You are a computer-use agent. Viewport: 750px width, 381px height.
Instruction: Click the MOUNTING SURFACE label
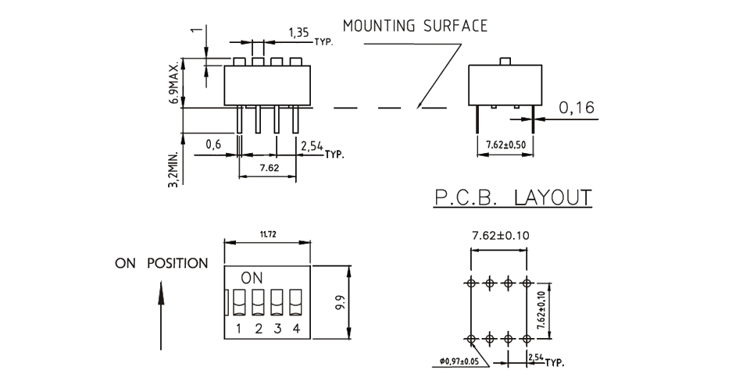415,26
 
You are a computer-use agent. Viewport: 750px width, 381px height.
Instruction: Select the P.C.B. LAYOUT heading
512,198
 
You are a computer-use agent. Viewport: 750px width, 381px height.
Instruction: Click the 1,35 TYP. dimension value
298,32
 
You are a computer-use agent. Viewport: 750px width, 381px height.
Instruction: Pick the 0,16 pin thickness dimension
577,109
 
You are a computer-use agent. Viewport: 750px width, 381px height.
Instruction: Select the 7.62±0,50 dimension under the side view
505,144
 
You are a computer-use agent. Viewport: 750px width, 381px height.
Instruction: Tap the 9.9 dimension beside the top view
339,301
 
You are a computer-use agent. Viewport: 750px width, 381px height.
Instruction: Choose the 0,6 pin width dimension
212,144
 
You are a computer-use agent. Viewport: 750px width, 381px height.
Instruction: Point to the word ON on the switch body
252,277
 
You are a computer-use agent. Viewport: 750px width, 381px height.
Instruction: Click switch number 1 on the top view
239,328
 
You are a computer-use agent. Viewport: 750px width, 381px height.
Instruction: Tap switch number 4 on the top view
295,328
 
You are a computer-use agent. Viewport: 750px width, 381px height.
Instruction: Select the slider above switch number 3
277,301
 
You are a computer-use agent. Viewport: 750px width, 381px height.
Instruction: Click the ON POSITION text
162,263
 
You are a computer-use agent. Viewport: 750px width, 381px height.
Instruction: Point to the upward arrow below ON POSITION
161,316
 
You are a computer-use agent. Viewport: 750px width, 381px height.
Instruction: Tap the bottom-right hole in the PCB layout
527,338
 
